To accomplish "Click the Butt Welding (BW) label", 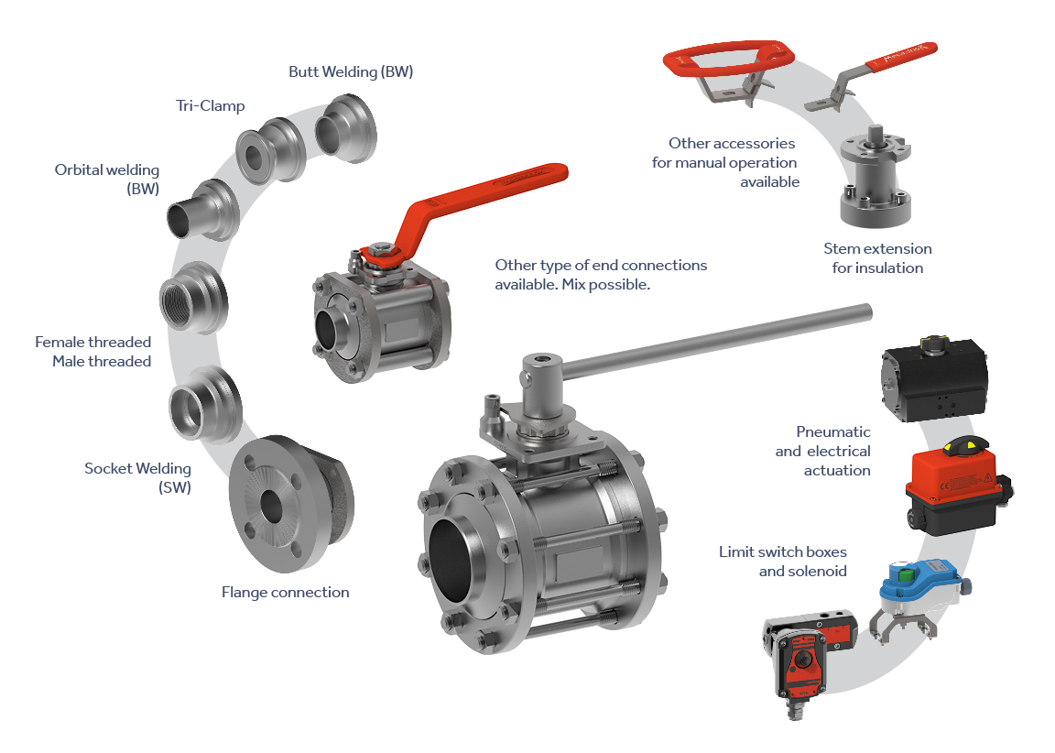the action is pos(351,72).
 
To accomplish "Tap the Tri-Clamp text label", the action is pos(210,105).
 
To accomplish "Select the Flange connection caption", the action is pos(286,592).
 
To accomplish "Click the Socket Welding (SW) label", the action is pos(138,477).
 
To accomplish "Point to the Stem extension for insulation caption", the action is pos(877,257).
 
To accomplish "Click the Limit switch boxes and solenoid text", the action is pos(782,562).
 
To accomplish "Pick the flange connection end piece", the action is pos(290,503).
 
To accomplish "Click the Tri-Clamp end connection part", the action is pos(270,151).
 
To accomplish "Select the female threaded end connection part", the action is pos(194,298).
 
